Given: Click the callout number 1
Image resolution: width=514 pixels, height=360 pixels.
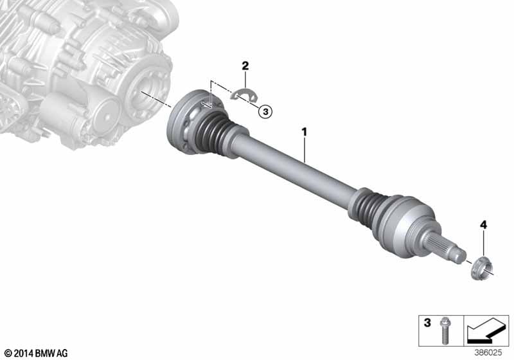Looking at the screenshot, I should [x=305, y=131].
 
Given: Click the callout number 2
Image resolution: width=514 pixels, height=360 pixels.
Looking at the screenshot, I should [x=245, y=66].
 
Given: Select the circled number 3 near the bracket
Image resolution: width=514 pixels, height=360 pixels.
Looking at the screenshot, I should [x=265, y=111].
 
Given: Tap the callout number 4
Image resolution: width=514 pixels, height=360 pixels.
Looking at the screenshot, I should [x=483, y=224].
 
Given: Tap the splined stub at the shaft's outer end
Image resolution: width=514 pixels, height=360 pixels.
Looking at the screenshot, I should [x=445, y=248].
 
